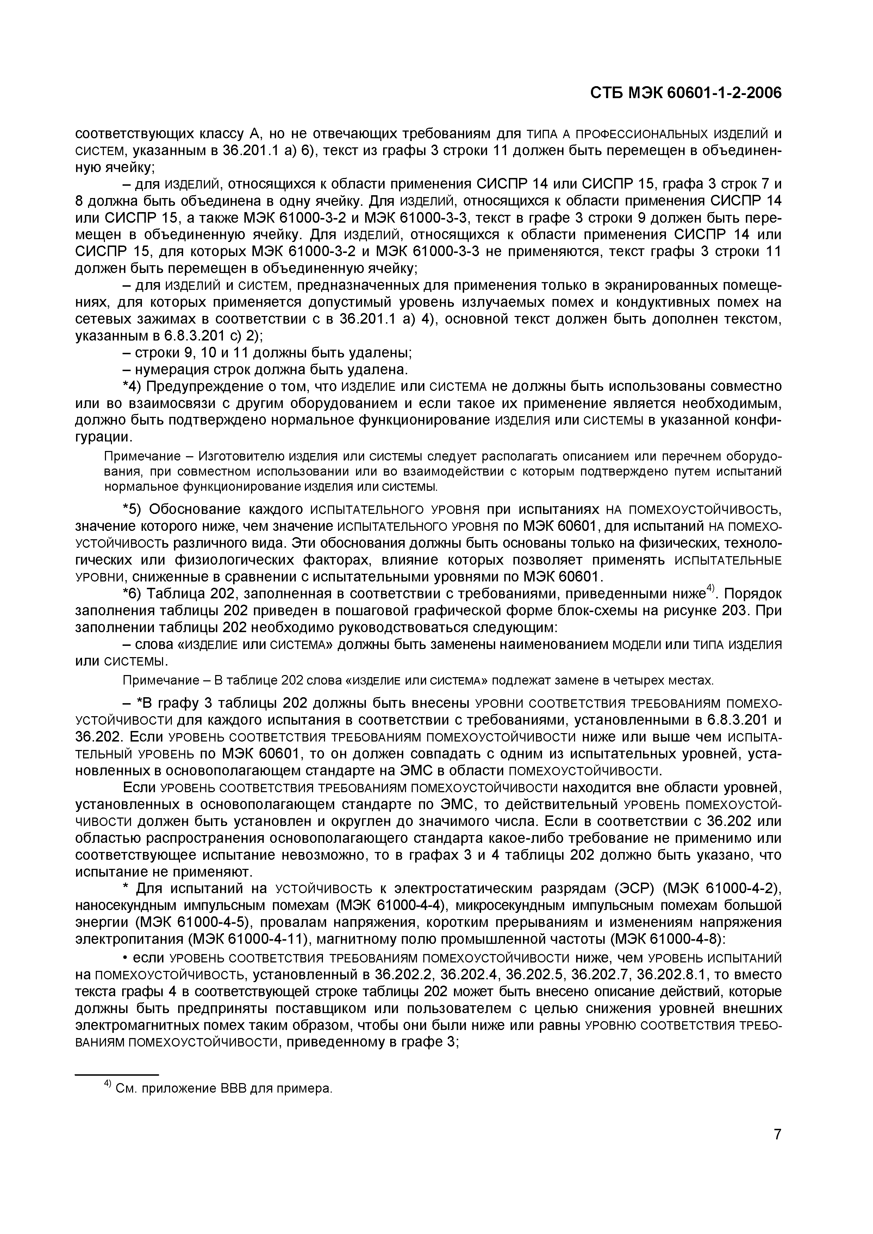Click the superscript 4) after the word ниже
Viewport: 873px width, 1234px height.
point(711,590)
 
